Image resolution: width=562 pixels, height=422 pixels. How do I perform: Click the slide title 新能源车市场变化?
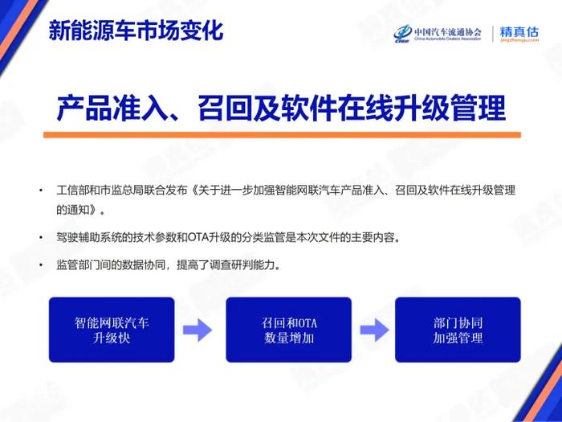135,31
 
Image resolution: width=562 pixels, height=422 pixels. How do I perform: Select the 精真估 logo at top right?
519,34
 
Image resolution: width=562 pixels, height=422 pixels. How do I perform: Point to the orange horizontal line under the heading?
281,135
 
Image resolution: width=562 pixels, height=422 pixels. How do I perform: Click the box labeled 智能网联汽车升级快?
112,330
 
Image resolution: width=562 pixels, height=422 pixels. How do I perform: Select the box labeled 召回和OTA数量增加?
288,330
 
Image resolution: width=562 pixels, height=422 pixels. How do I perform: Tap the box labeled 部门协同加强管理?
458,330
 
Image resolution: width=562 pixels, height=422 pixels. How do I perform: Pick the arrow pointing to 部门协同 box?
374,330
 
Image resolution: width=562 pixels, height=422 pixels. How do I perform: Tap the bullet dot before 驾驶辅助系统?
41,238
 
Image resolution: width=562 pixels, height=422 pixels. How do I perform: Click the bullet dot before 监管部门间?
41,264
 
